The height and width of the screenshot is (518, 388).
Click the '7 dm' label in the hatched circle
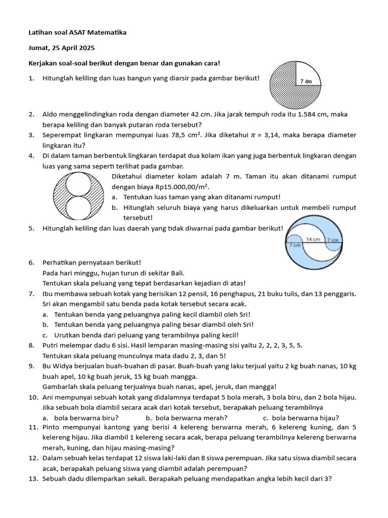[x=306, y=81]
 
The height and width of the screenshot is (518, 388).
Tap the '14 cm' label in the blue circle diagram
[x=313, y=239]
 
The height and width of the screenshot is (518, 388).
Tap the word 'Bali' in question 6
[x=133, y=273]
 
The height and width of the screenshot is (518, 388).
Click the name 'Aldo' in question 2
[x=50, y=115]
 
